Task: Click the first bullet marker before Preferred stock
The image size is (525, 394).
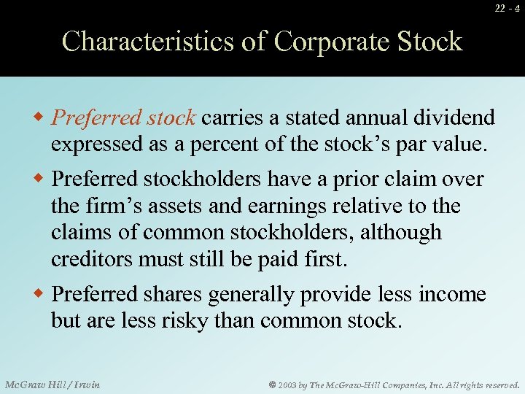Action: (x=42, y=117)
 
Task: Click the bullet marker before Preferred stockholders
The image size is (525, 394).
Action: (x=42, y=179)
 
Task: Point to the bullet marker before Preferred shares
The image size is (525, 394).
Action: (x=42, y=294)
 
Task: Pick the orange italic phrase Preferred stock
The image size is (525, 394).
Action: (x=125, y=117)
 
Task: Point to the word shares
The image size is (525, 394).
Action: (x=172, y=294)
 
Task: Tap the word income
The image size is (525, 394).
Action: (x=452, y=294)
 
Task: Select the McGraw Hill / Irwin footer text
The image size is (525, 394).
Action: (x=52, y=384)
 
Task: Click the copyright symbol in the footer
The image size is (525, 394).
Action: (x=270, y=385)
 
